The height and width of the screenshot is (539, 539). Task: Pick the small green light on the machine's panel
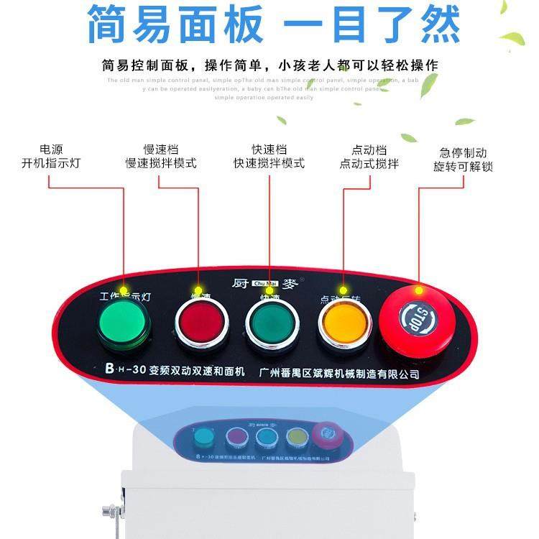coord(204,437)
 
